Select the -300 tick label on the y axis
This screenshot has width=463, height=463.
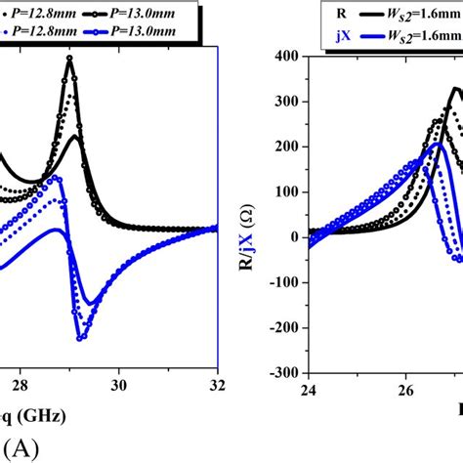(283, 372)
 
